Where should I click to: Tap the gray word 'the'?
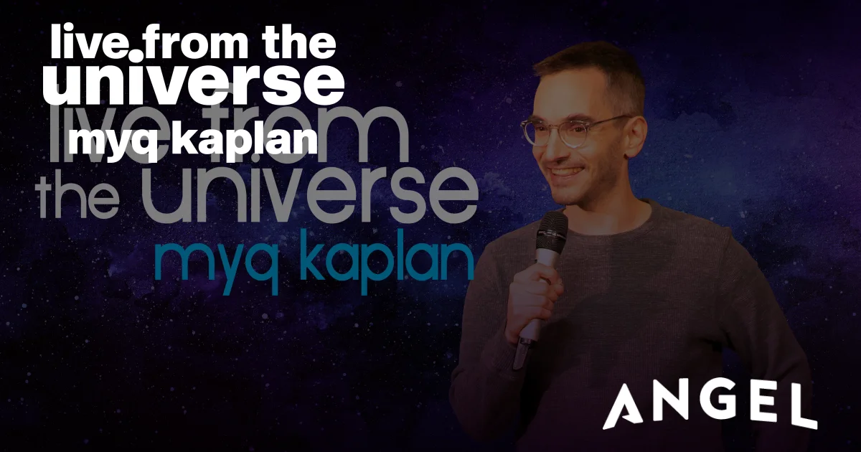77,197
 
